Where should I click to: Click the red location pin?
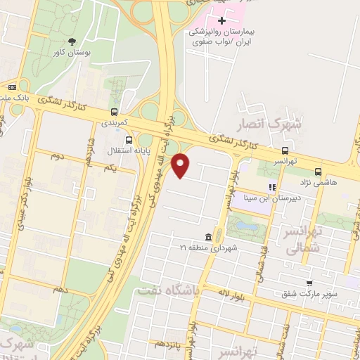181,165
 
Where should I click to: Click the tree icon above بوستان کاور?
74,41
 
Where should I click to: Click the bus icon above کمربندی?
114,111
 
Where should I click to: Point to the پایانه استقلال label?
103,151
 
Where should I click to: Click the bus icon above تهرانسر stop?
285,150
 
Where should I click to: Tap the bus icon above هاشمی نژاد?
319,171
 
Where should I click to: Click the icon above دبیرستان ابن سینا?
271,187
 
